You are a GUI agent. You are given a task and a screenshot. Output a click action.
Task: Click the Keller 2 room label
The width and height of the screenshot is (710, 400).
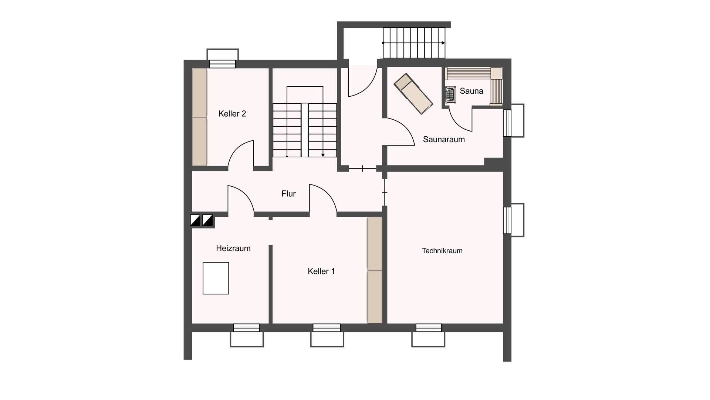tap(232, 114)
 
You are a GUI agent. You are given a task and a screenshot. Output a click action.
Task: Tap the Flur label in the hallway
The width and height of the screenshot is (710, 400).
tap(288, 194)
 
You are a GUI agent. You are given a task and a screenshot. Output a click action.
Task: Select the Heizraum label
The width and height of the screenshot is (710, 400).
tap(233, 248)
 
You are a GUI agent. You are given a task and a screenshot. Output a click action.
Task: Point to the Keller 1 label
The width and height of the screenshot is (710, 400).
tap(321, 271)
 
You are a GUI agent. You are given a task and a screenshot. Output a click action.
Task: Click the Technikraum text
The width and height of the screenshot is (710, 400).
tap(442, 251)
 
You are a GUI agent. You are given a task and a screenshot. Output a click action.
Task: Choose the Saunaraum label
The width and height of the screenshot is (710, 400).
tap(444, 139)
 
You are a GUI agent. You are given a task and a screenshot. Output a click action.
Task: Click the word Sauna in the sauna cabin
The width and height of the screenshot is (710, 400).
tap(471, 91)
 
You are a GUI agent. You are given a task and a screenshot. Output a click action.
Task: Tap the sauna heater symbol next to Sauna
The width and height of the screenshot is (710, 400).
tap(450, 95)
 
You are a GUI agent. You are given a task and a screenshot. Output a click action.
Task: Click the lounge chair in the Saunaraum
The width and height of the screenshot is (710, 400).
tap(413, 93)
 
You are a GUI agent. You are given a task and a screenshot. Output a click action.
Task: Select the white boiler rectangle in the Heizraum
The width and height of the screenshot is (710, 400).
tap(216, 278)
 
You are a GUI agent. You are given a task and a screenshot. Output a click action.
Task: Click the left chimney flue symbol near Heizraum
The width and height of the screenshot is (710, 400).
tap(195, 220)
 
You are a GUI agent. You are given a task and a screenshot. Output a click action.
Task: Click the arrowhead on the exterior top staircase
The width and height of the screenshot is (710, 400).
tap(443, 43)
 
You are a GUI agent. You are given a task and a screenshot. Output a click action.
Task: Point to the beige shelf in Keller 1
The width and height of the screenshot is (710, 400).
tap(375, 270)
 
